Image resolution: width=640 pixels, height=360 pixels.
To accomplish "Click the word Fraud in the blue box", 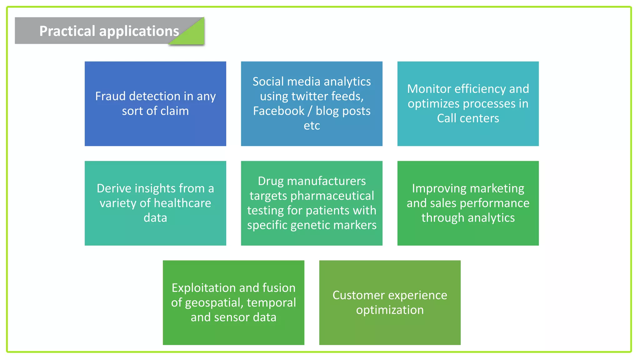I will (x=111, y=96).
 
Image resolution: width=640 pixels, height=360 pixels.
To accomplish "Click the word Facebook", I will (x=278, y=111).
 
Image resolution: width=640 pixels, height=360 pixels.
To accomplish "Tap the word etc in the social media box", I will (x=312, y=126).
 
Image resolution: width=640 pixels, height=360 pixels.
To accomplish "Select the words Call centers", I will (x=468, y=118).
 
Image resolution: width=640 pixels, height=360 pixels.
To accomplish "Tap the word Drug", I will (x=271, y=181).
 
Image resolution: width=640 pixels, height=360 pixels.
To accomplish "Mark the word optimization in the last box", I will (x=390, y=310).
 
